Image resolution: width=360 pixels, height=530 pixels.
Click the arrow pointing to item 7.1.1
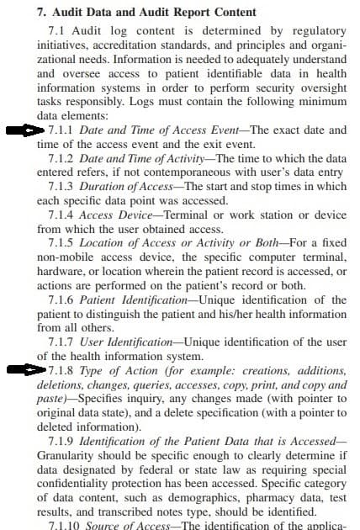pyautogui.click(x=23, y=130)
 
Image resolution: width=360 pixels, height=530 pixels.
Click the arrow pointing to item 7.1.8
pyautogui.click(x=23, y=369)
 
